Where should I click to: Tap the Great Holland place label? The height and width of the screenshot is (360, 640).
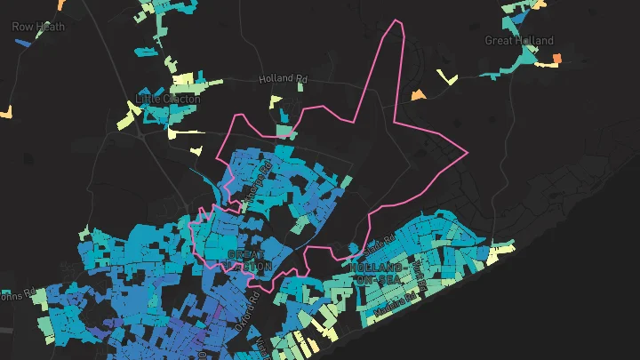[x=519, y=40]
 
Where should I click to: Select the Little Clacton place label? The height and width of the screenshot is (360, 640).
[x=168, y=98]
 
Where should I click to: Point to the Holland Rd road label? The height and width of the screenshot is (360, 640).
[x=282, y=78]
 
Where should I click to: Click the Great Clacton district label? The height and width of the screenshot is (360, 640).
[x=250, y=260]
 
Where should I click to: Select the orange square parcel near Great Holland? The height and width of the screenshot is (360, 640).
[x=558, y=60]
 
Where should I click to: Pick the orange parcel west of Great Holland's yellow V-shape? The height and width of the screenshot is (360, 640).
[x=418, y=94]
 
